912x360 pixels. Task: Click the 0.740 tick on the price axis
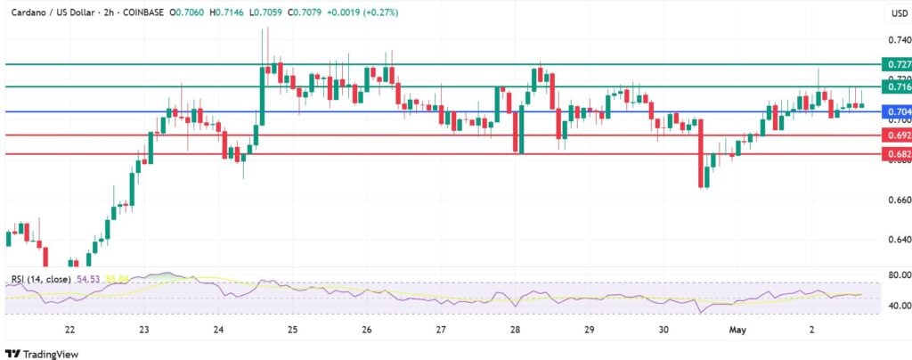[x=898, y=40]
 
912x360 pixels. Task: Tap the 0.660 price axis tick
[x=898, y=200]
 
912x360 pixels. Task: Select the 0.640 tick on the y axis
[x=898, y=240]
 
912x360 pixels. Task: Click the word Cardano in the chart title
[x=29, y=12]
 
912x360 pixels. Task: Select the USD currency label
[x=898, y=13]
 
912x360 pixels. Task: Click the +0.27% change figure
[x=379, y=12]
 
